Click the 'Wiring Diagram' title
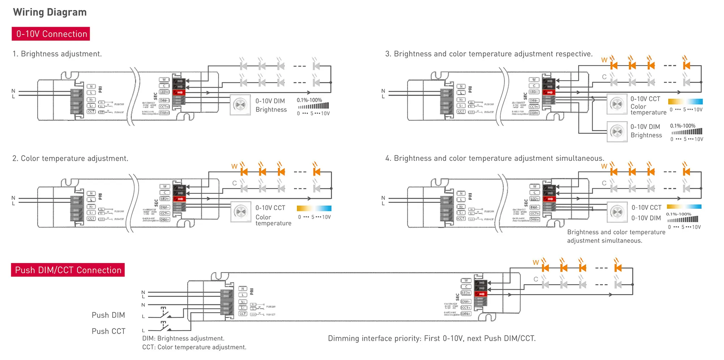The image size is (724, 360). click(50, 12)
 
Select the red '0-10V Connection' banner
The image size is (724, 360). click(51, 34)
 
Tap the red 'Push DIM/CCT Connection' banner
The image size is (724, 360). click(68, 270)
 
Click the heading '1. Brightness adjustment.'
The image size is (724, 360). click(57, 54)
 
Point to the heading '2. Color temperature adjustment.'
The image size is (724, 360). click(70, 159)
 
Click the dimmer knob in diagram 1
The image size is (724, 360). click(240, 105)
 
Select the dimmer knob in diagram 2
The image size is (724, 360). click(241, 212)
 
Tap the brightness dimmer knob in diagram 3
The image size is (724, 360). click(617, 132)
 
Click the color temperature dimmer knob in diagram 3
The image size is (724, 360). click(617, 104)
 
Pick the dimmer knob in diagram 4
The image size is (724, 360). click(617, 212)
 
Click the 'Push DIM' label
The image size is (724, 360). click(108, 315)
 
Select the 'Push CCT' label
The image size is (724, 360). click(109, 331)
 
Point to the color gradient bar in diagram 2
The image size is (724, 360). click(314, 208)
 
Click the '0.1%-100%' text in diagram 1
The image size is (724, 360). click(309, 100)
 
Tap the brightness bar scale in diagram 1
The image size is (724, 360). click(313, 106)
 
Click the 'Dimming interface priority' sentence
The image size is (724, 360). click(432, 339)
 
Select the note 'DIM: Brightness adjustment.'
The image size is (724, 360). click(183, 339)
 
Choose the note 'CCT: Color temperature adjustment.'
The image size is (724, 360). click(194, 347)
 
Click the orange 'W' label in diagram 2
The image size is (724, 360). click(234, 167)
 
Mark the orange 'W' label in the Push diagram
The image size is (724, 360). click(536, 263)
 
